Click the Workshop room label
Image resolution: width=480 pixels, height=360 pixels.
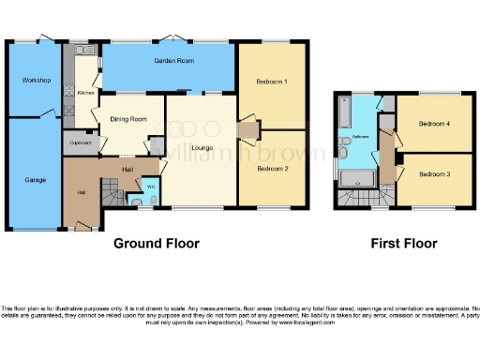(x=36, y=80)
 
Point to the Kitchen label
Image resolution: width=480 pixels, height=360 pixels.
(x=85, y=93)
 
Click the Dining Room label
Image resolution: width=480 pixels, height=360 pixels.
(x=129, y=119)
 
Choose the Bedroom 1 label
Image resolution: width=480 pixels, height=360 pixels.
(x=272, y=82)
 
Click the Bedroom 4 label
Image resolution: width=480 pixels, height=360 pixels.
(x=434, y=124)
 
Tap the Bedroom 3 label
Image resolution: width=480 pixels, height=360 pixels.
(x=434, y=174)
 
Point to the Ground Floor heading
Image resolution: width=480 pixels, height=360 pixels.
(x=157, y=243)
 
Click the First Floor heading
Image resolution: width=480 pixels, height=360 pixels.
(x=405, y=243)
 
